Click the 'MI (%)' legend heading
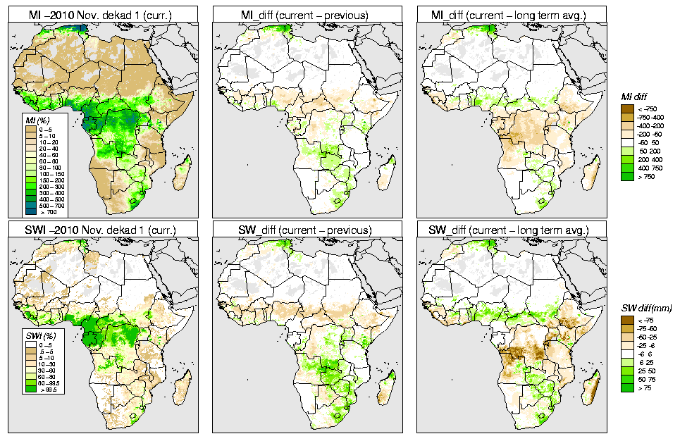(x=36, y=121)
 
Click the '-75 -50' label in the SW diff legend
(x=646, y=328)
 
